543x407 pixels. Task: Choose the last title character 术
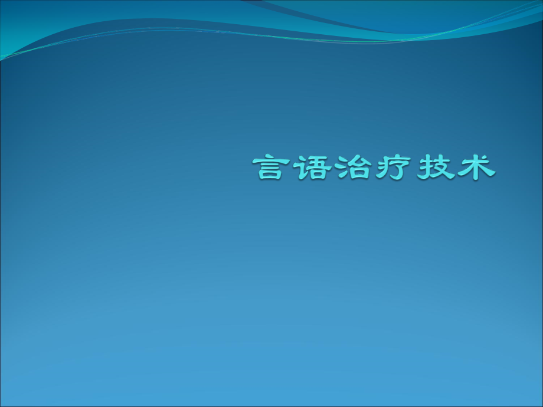pos(476,168)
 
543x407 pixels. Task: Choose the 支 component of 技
pos(441,168)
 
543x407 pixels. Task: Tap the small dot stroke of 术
pos(487,159)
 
